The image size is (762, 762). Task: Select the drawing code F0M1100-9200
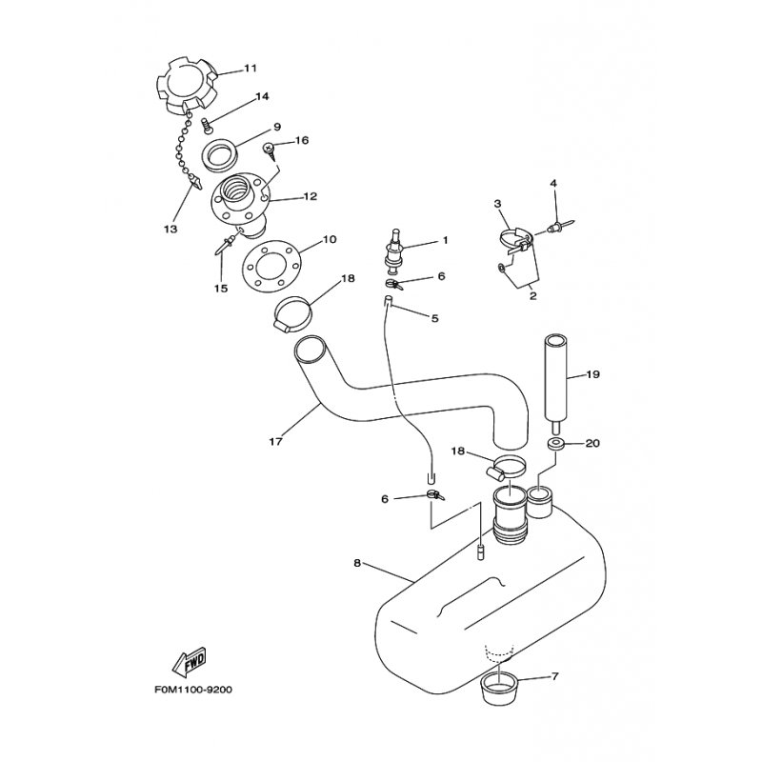click(193, 690)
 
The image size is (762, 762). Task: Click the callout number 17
click(275, 442)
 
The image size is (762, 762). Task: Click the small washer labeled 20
click(553, 444)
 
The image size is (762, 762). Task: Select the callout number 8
click(357, 564)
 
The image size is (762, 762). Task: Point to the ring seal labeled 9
click(219, 154)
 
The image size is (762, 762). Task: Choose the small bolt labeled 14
click(208, 126)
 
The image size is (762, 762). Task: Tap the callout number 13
click(170, 229)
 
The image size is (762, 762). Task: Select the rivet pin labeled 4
click(561, 225)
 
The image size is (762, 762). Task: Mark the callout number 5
click(434, 319)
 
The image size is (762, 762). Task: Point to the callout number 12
click(311, 197)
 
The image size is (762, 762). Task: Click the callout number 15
click(221, 289)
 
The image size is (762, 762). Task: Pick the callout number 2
click(533, 296)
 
